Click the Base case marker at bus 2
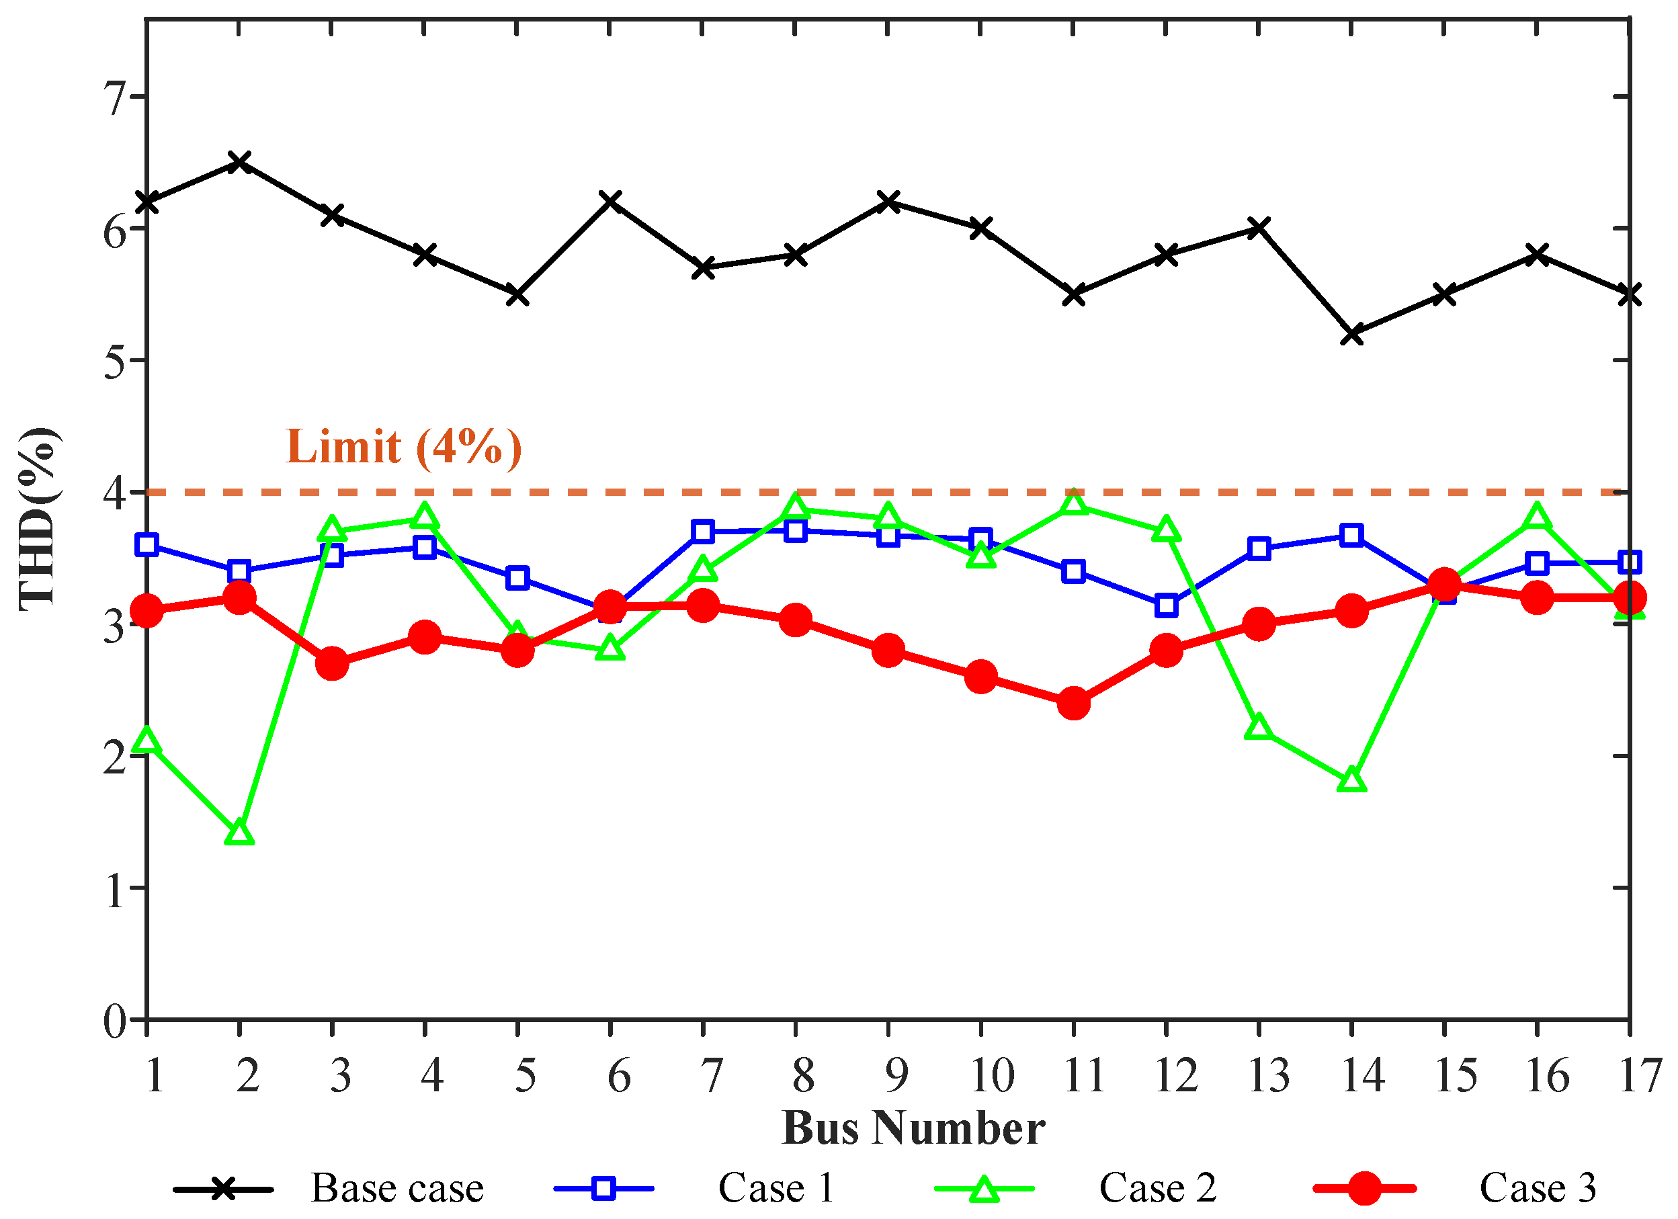coord(239,161)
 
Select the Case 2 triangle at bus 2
coord(239,832)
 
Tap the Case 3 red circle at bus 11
coord(1074,703)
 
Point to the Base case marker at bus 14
coord(1351,333)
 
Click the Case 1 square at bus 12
coord(1166,605)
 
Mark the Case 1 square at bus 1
coord(146,545)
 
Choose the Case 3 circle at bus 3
coord(332,663)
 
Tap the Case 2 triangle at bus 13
coord(1259,727)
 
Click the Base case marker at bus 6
coord(610,201)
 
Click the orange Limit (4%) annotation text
coord(404,447)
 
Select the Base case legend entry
coord(329,1189)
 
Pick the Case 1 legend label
coord(776,1188)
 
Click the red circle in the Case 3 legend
coord(1364,1189)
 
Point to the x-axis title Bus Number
coord(914,1129)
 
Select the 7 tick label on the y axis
coord(116,98)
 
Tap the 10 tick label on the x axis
coord(992,1075)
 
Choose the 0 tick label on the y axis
coord(116,1021)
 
